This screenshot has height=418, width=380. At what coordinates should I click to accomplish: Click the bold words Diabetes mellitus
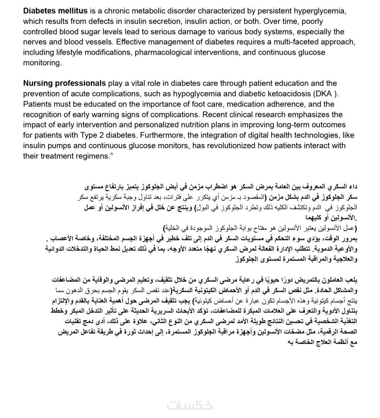[55, 11]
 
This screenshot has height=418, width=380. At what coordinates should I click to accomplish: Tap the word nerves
[34, 42]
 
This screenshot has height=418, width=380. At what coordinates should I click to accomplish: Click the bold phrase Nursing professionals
[64, 83]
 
